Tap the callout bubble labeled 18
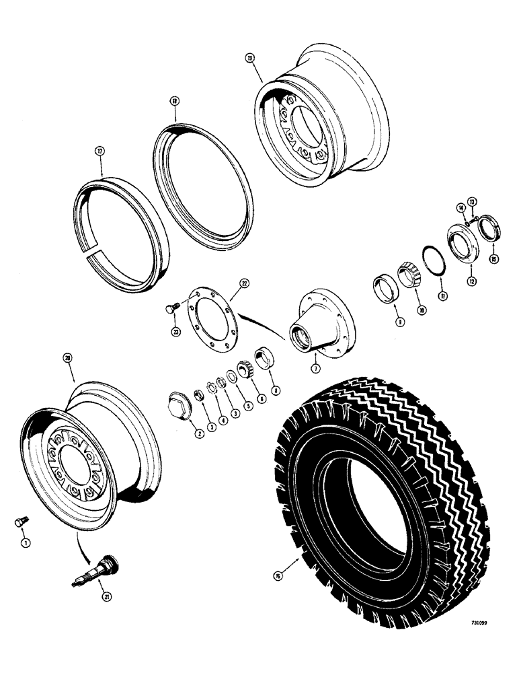tap(173, 102)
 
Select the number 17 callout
tap(99, 151)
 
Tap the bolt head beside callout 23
tap(171, 308)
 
